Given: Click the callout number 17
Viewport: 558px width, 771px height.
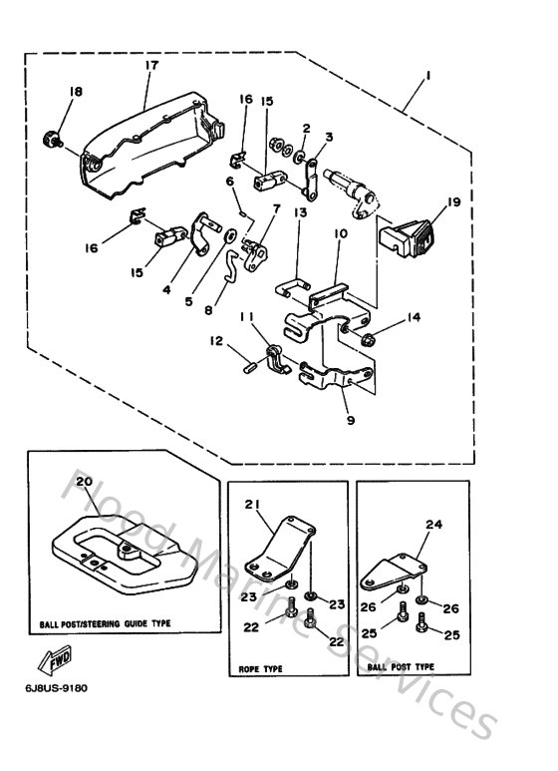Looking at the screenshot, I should coord(151,66).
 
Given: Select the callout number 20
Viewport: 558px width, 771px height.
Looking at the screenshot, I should coord(85,481).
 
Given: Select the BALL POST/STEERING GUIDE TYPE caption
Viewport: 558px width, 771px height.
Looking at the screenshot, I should coord(105,622).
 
